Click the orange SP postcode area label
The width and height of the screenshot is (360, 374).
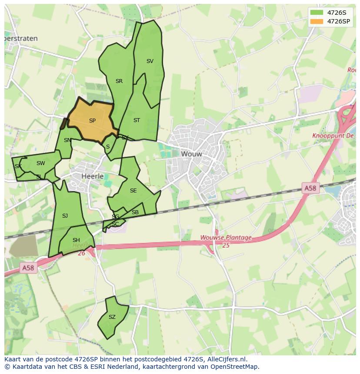point(92,121)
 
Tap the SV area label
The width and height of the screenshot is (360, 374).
point(150,61)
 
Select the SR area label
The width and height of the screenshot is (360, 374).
point(119,81)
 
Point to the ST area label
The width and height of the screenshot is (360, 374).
point(137,120)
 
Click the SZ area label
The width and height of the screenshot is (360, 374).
point(112,317)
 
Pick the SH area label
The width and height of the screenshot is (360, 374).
point(76,240)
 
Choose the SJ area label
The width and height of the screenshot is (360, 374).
point(65,216)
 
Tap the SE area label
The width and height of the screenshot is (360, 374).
point(133,191)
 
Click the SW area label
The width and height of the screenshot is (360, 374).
point(40,163)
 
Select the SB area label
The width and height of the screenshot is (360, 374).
point(135,212)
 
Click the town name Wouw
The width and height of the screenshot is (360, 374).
point(192,154)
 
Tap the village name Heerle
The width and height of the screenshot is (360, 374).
point(93,176)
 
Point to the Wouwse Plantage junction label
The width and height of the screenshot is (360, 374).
point(226,238)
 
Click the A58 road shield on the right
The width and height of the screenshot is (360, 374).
point(310,188)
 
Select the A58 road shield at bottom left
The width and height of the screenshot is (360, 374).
point(28,268)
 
